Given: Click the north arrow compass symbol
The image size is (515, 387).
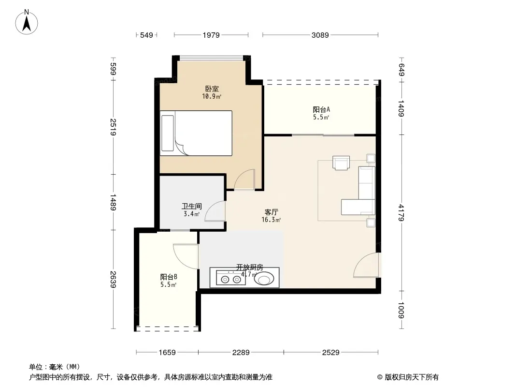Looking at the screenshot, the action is pos(27,22).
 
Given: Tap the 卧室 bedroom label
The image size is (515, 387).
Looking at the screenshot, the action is pos(212,89).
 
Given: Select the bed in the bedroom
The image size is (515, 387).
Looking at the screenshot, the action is pos(196,133).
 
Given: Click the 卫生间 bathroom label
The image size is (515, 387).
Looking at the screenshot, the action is pos(192,206).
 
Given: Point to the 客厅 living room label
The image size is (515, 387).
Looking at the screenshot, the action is pos(272,212).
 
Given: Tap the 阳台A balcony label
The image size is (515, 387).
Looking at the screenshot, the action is pos(321,109).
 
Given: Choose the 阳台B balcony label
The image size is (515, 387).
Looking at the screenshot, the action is pos(169,277).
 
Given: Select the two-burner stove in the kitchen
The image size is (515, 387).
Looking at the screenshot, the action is pos(231,278).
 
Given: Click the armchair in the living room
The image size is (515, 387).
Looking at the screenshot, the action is pos(341,163).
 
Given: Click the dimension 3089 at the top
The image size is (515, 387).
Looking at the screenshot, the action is pos(320,35).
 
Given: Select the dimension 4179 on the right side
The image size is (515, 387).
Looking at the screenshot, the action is pos(401,213).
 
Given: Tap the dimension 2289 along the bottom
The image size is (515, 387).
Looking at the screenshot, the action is pos(241,353).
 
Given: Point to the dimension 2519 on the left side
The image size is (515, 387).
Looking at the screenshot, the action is pos(113,127).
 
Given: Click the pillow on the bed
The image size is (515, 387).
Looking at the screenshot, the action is pos(168,133).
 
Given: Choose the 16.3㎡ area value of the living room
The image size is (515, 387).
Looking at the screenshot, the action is pos(271,220).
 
